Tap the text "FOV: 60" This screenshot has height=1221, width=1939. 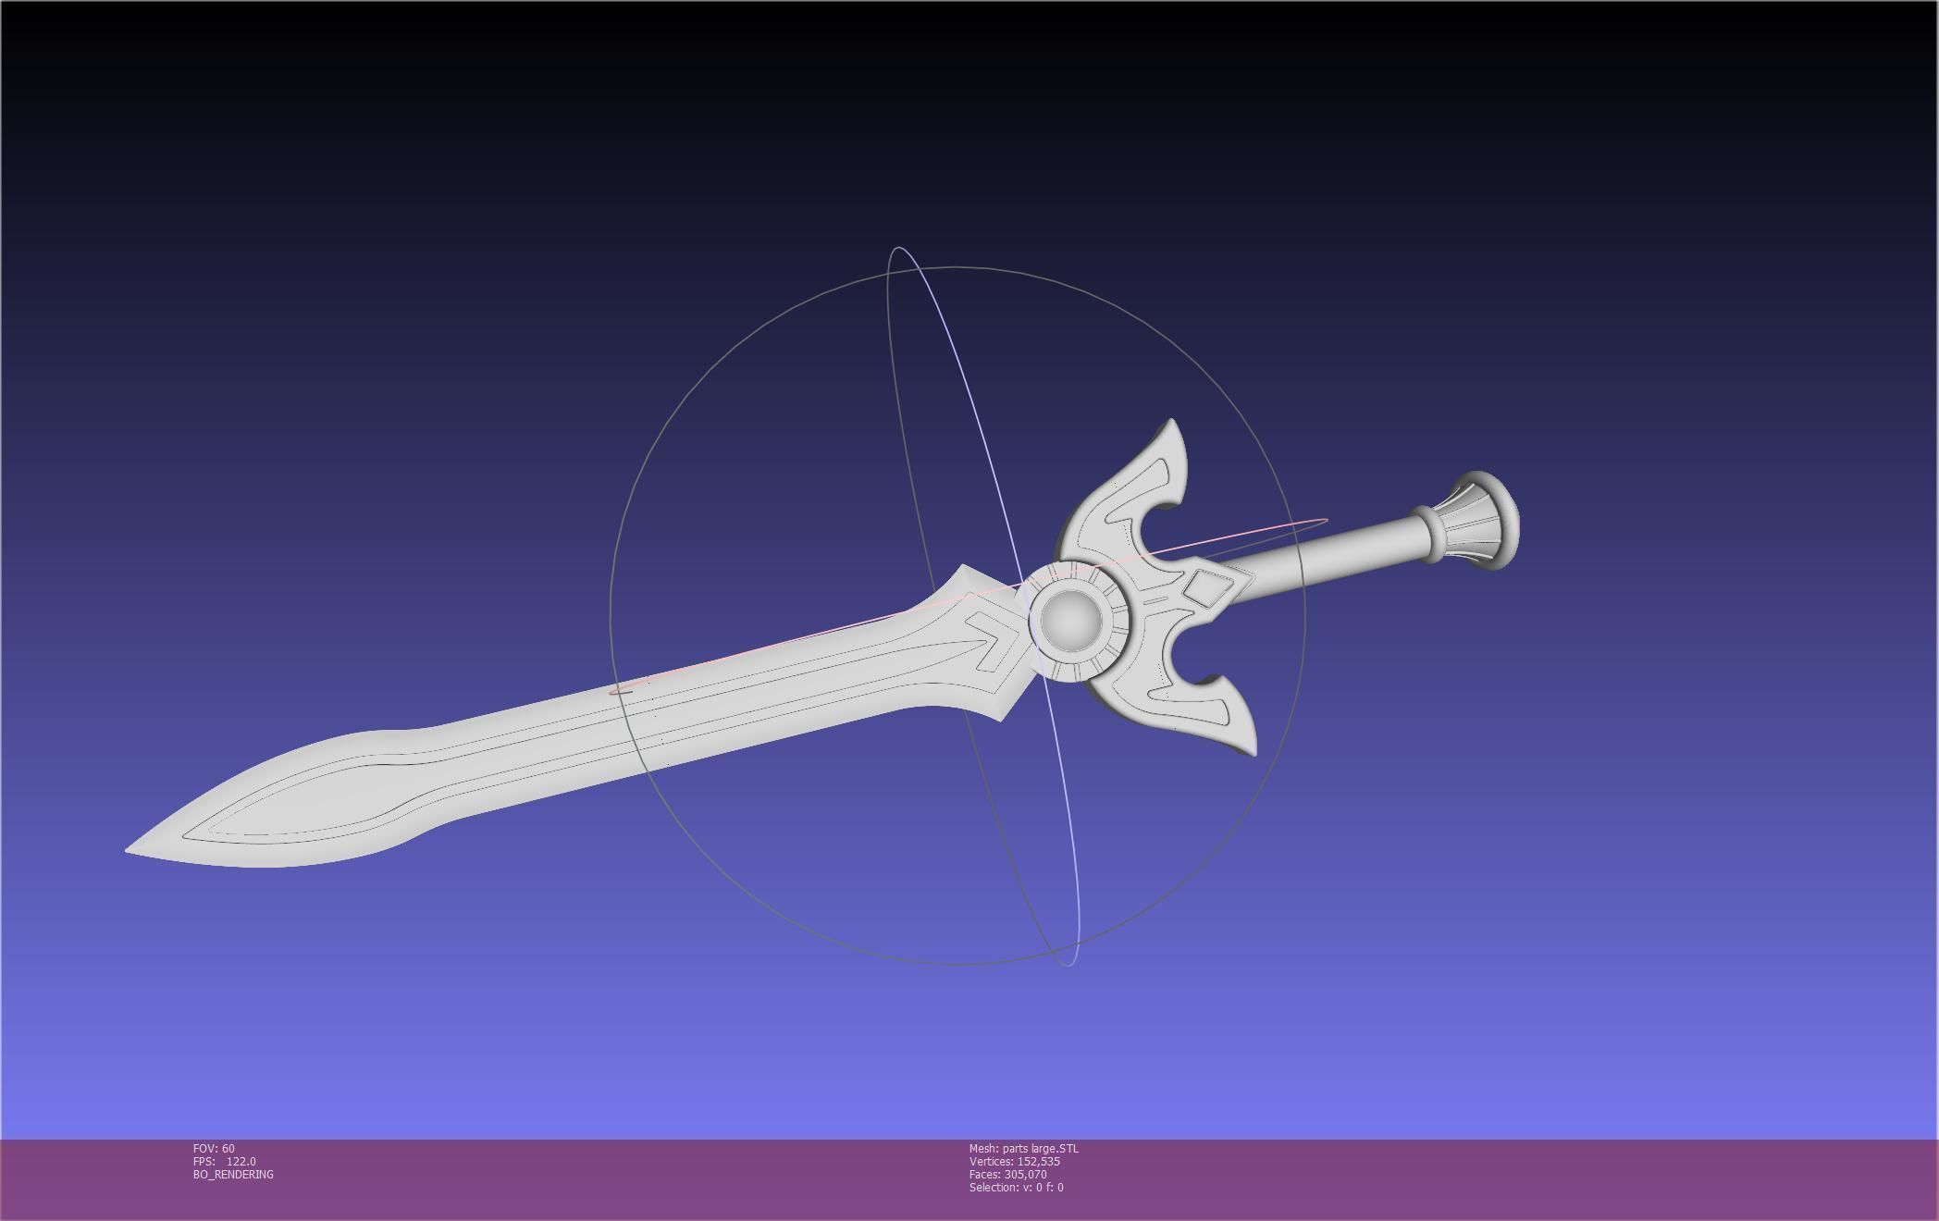pos(214,1149)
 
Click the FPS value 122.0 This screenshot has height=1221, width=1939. pos(241,1162)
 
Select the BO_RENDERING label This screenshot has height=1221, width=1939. pos(233,1175)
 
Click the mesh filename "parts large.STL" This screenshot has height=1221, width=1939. pos(1040,1149)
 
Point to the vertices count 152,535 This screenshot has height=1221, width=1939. pos(1038,1162)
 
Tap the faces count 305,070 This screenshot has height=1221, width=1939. pos(1025,1175)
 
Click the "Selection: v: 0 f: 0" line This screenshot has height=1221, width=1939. pos(1016,1188)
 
